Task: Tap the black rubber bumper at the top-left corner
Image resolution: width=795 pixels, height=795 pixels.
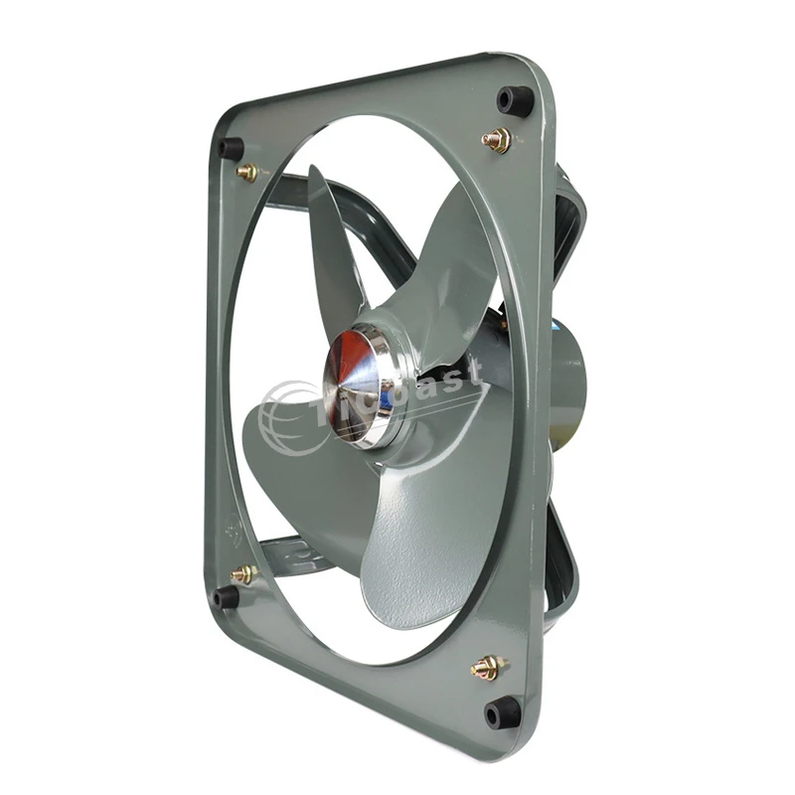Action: click(231, 149)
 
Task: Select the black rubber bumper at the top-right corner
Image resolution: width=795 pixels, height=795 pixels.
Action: click(515, 98)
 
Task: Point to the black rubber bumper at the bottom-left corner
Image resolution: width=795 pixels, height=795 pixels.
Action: click(226, 596)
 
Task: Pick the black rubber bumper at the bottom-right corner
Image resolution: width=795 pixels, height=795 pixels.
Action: click(502, 712)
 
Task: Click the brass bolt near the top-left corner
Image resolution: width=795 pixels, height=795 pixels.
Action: click(247, 172)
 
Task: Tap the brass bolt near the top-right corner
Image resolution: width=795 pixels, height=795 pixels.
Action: click(496, 139)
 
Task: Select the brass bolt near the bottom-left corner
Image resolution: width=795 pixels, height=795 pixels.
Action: click(242, 573)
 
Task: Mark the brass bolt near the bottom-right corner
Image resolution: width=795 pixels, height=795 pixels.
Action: click(486, 667)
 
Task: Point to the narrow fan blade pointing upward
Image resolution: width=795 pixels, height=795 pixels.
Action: click(333, 248)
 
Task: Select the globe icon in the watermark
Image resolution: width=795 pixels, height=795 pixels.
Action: click(288, 417)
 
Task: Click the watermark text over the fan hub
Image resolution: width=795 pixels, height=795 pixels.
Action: click(437, 383)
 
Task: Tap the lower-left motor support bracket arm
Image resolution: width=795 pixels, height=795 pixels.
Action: click(288, 552)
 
